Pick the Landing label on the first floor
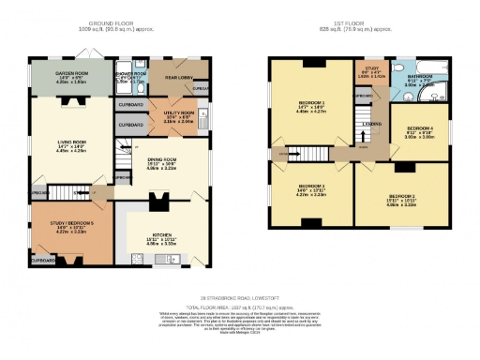pyautogui.click(x=372, y=123)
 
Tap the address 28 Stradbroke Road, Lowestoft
pyautogui.click(x=240, y=296)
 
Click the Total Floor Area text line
pyautogui.click(x=240, y=306)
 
